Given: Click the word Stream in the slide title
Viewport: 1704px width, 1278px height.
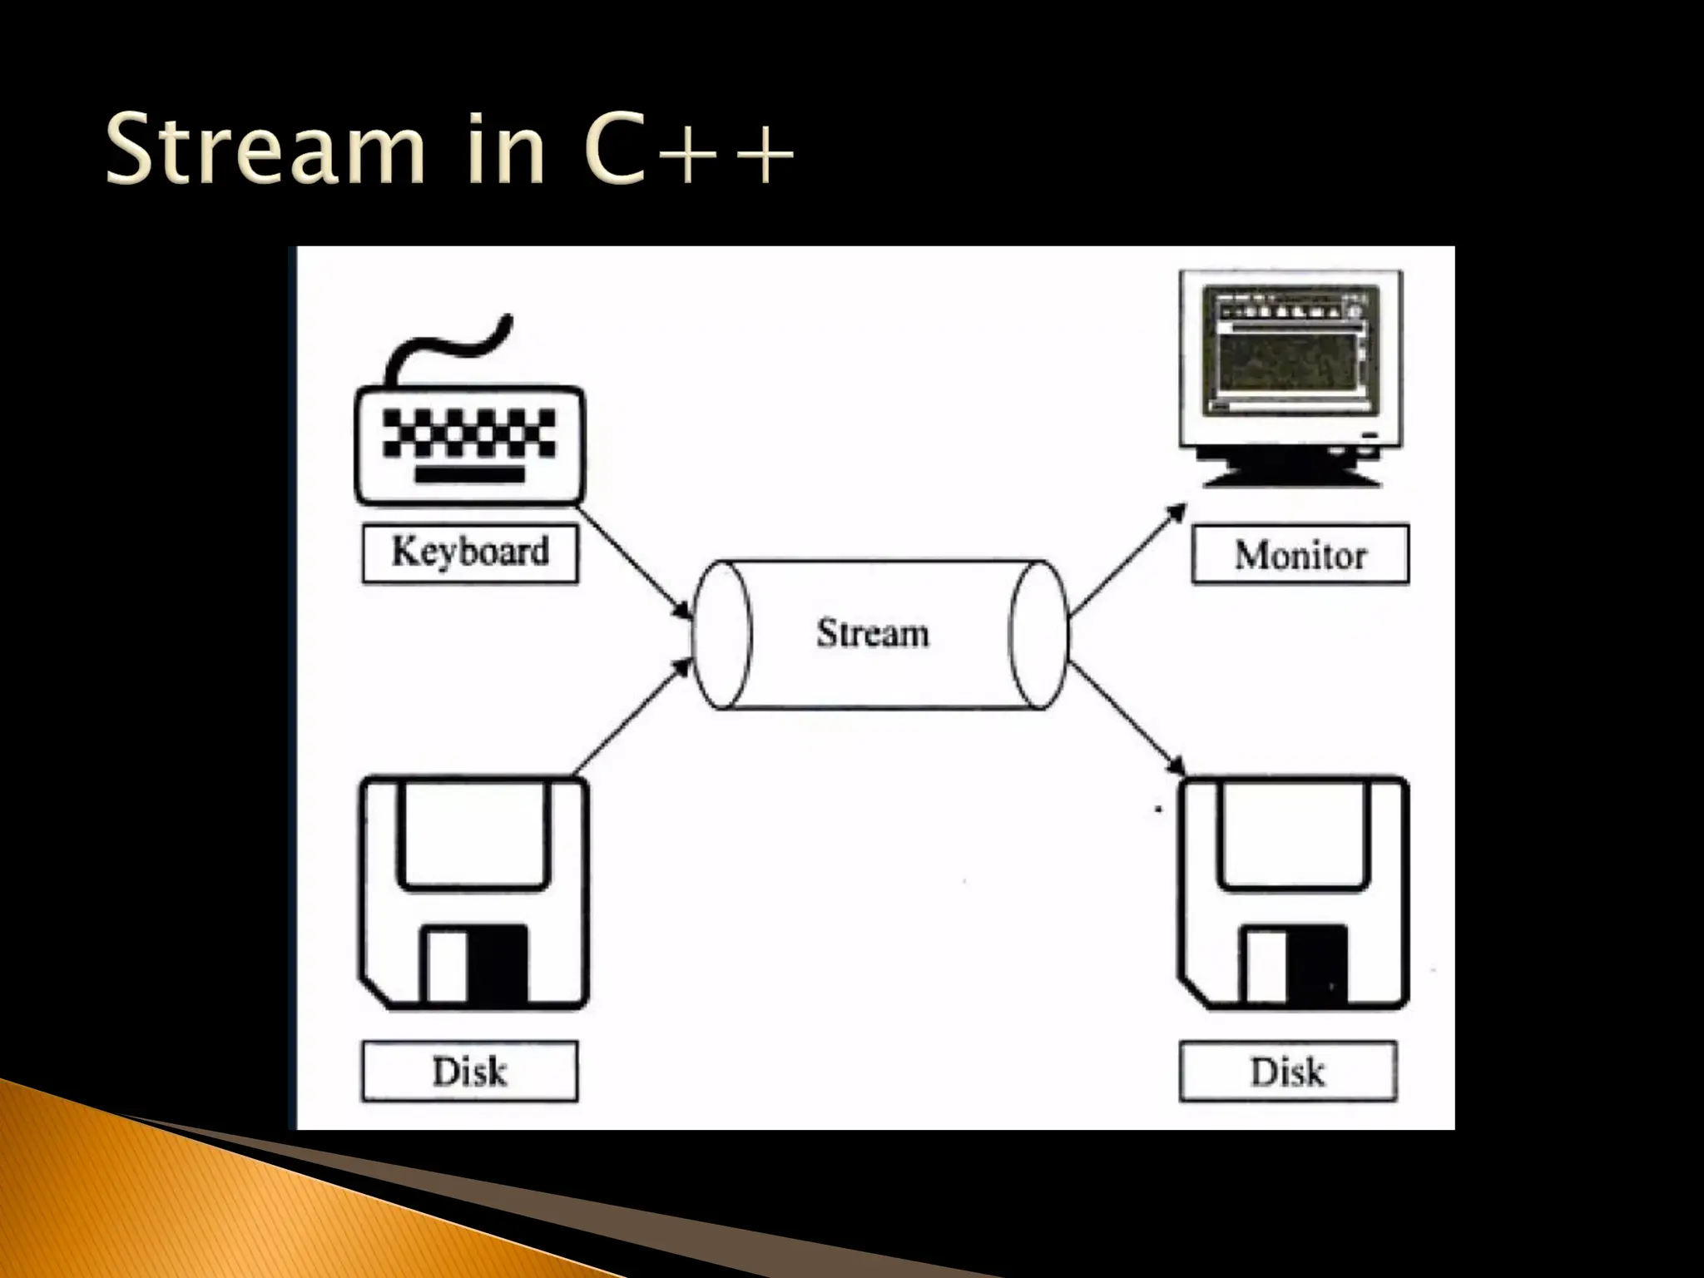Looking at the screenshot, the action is pyautogui.click(x=265, y=150).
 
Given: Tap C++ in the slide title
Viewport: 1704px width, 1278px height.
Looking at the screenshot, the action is pyautogui.click(x=687, y=150).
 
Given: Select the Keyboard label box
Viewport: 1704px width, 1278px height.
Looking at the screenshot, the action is pyautogui.click(x=470, y=552).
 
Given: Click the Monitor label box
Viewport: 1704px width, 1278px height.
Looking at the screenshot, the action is pyautogui.click(x=1300, y=555).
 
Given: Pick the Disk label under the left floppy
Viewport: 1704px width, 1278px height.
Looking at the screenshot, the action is pyautogui.click(x=469, y=1072).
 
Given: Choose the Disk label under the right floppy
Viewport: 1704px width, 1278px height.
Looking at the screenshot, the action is pyautogui.click(x=1287, y=1072).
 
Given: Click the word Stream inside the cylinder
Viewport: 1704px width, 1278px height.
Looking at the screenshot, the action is pyautogui.click(x=872, y=634).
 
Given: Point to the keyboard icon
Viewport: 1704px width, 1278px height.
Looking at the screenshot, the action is pyautogui.click(x=470, y=445).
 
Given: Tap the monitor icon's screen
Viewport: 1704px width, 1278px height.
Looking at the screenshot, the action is pyautogui.click(x=1290, y=354).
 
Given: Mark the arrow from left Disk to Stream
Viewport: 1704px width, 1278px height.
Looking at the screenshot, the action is pyautogui.click(x=632, y=716).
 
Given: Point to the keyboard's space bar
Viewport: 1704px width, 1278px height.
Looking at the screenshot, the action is pyautogui.click(x=470, y=475).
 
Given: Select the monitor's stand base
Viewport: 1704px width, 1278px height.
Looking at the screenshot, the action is pyautogui.click(x=1290, y=476).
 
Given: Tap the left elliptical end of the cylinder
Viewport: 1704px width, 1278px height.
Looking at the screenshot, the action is pyautogui.click(x=721, y=634).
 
